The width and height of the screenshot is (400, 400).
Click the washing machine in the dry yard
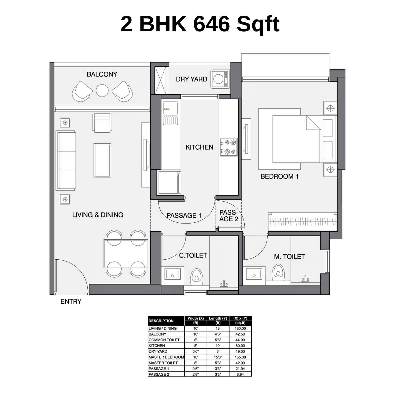coord(220,79)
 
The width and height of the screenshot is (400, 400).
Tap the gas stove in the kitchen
coord(228,147)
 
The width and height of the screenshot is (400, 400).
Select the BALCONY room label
coord(102,74)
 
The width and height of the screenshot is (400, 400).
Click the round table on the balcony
coord(102,90)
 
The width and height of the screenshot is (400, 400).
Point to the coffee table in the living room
coord(102,161)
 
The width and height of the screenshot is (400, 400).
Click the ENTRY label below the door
coord(71,302)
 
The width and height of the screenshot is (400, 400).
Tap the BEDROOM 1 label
coord(279,176)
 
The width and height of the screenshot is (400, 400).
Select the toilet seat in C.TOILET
coord(196,277)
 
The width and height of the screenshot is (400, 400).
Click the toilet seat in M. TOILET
coord(278,272)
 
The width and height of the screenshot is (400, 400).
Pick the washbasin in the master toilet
coord(255,274)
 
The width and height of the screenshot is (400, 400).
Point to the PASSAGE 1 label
coord(184,215)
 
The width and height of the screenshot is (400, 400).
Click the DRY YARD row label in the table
coord(158,351)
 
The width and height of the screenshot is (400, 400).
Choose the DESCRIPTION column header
coord(161,321)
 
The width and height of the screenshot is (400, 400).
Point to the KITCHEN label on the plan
coord(199,147)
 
